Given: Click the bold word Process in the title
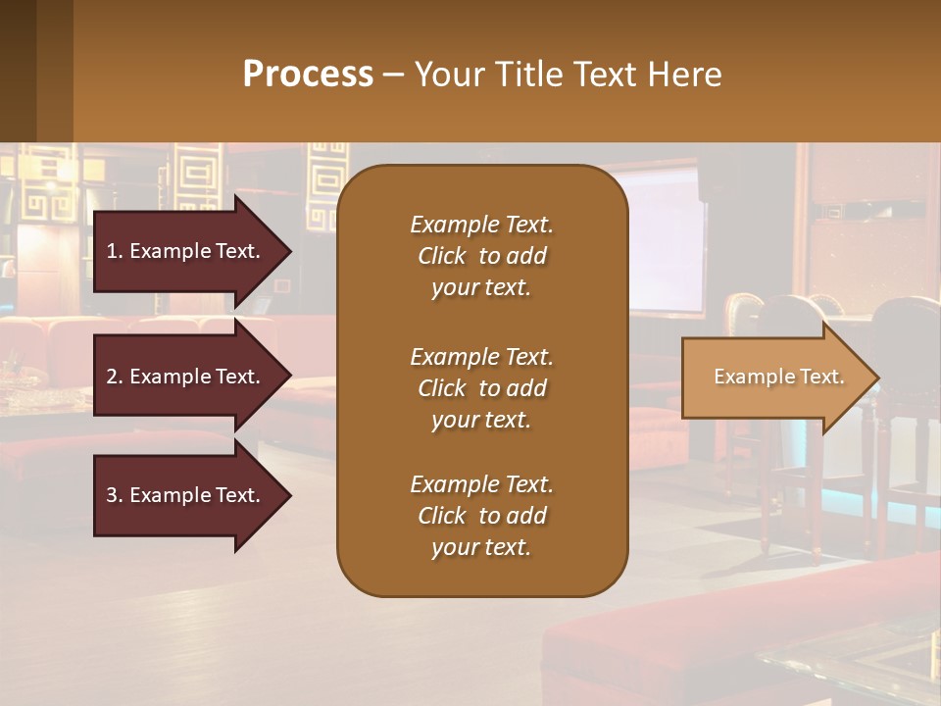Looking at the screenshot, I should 308,75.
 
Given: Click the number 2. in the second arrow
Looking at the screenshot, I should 114,377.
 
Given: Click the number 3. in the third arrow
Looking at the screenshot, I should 114,495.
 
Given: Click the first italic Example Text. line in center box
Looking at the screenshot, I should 481,225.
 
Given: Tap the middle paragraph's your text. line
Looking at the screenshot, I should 481,420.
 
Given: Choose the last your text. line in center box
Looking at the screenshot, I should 481,548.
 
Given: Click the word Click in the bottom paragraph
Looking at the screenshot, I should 442,516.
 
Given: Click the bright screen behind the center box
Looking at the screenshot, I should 667,245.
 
